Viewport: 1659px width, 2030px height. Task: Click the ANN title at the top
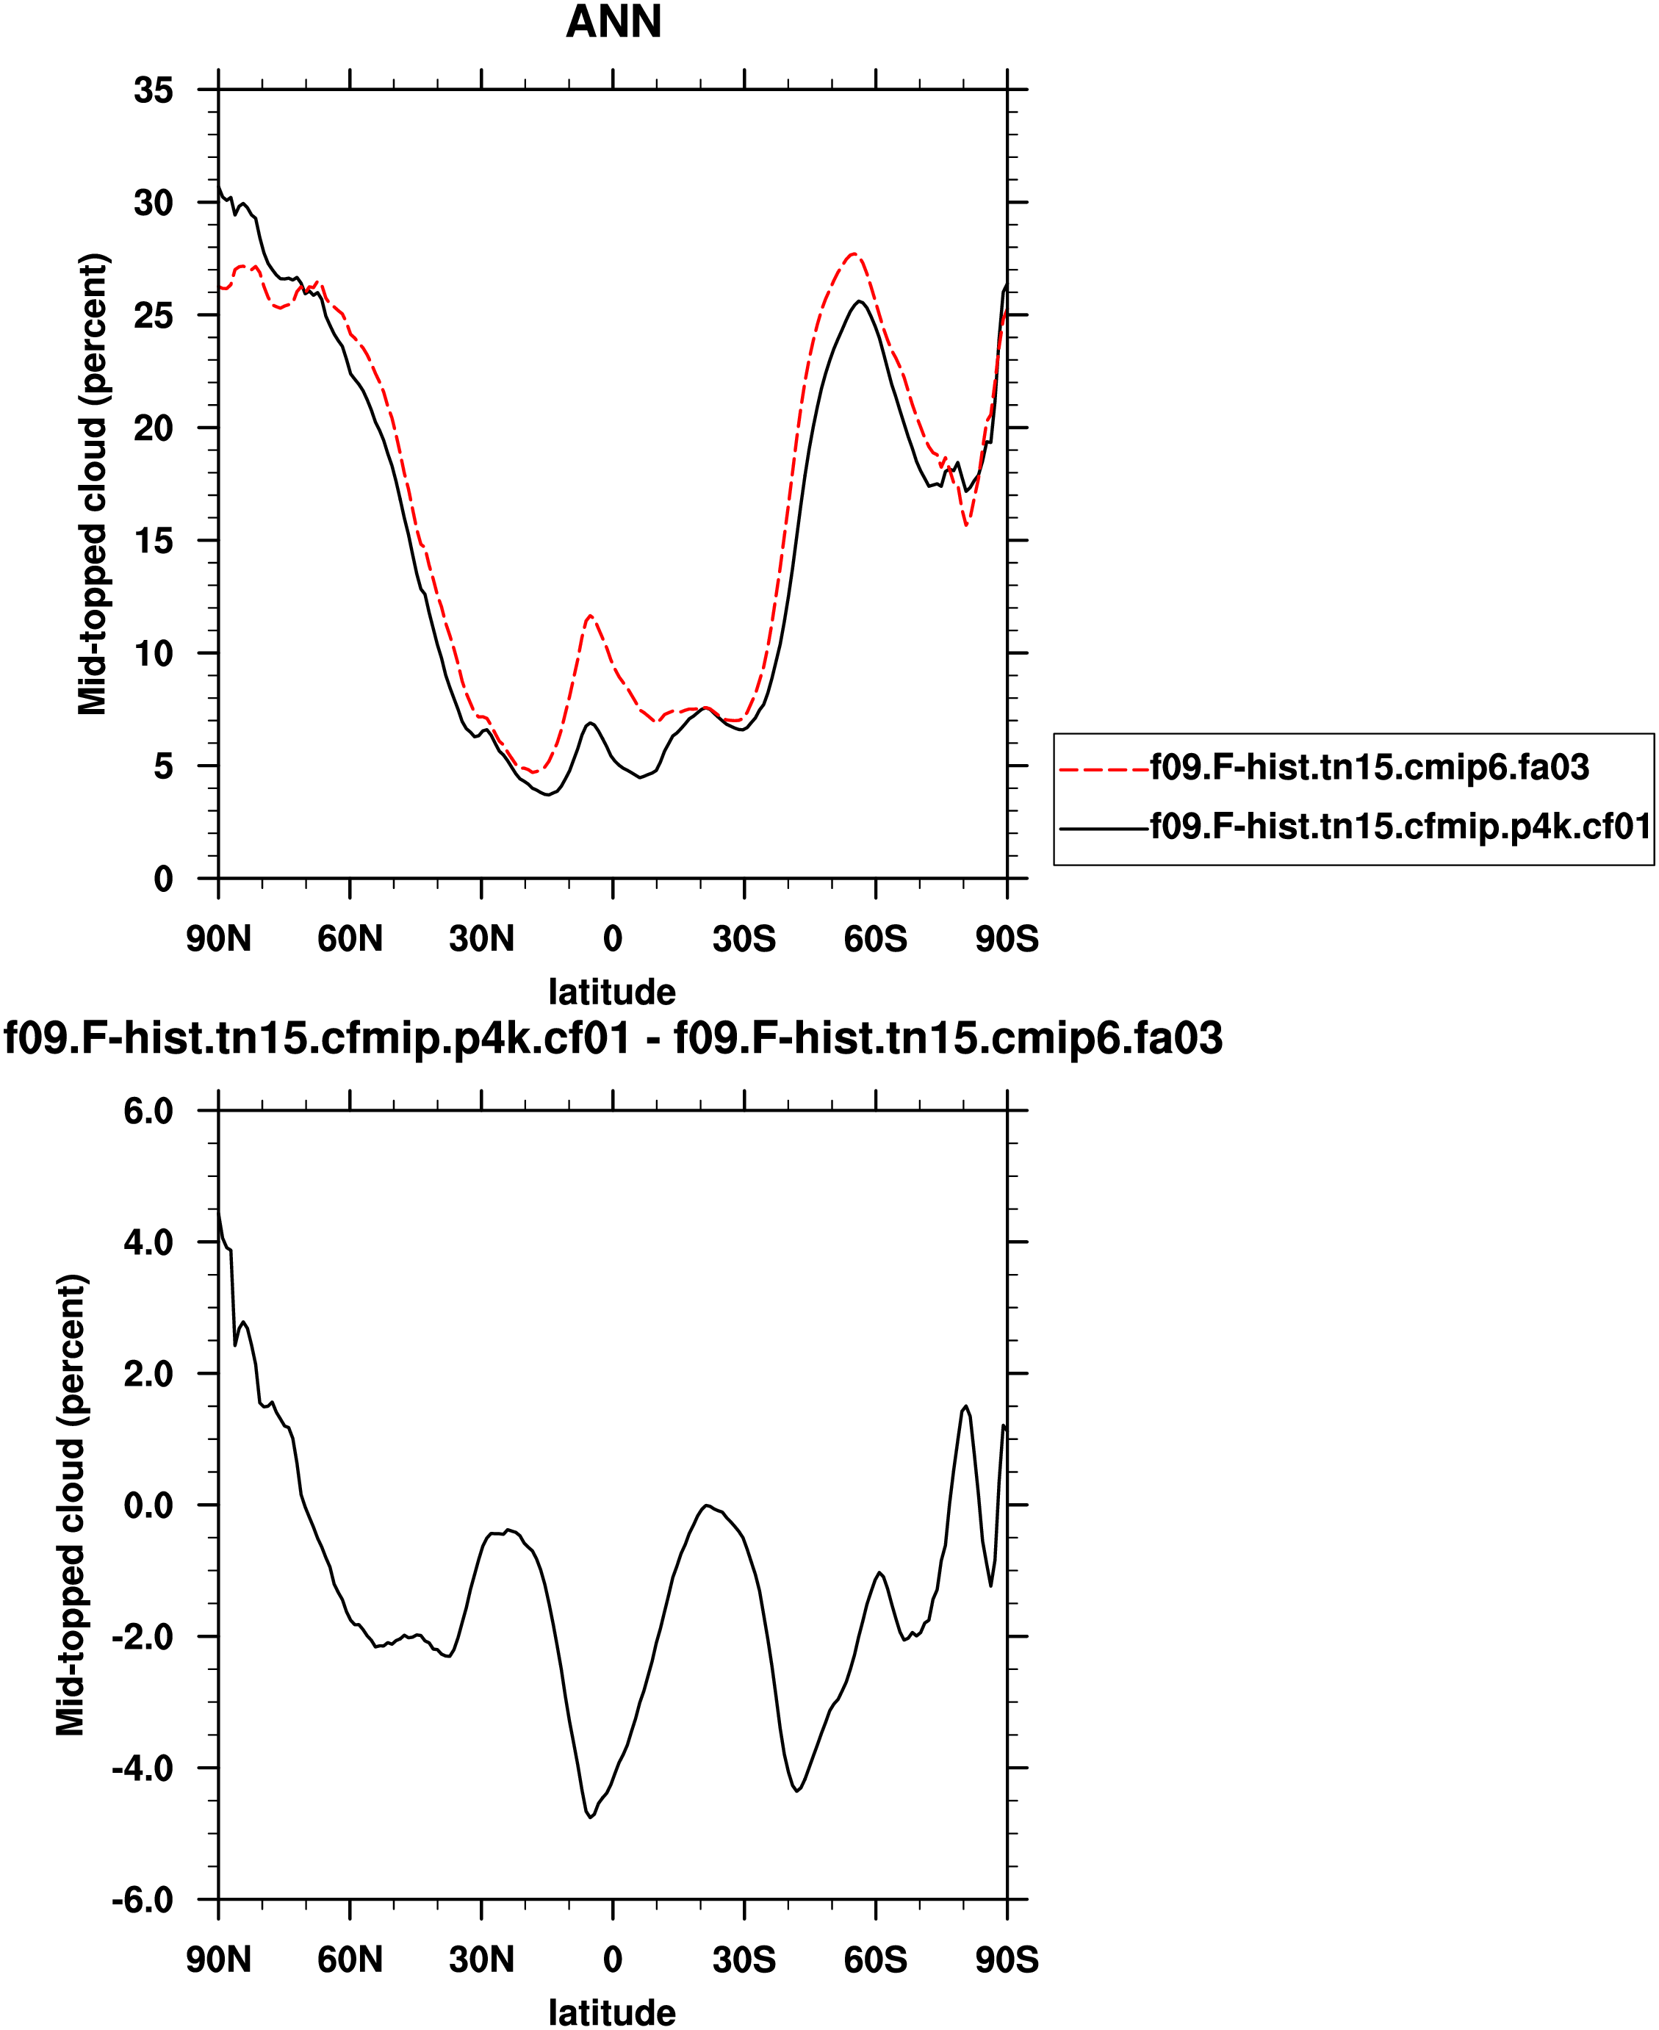[x=613, y=22]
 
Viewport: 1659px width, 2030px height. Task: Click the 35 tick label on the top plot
[x=154, y=91]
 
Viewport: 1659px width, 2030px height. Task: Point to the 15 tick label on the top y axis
[x=154, y=541]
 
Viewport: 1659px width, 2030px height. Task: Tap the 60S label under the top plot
[x=874, y=940]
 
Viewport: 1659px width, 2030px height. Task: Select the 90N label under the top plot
[x=219, y=940]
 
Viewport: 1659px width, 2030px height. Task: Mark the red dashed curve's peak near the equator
[x=591, y=616]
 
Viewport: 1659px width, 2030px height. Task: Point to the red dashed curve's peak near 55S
[x=854, y=254]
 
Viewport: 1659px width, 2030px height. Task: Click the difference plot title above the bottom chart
[x=613, y=1039]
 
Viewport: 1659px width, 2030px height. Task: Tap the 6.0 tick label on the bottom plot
[x=148, y=1112]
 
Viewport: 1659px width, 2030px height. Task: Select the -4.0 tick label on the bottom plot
[x=143, y=1768]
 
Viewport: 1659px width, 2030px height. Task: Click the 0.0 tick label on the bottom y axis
[x=148, y=1505]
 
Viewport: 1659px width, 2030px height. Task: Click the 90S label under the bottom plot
[x=1007, y=1960]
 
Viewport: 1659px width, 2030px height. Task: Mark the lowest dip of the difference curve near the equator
[x=591, y=1817]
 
